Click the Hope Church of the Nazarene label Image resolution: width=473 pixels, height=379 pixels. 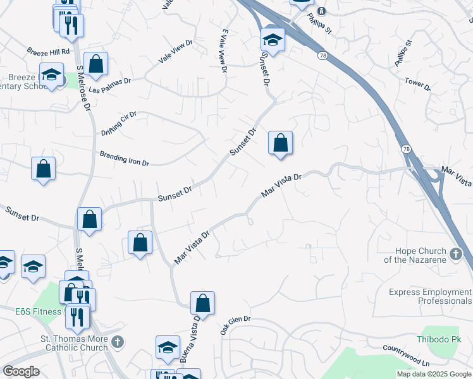coord(414,255)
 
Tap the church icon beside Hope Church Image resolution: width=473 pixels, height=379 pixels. coord(457,255)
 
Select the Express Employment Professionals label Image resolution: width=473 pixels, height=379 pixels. coord(430,296)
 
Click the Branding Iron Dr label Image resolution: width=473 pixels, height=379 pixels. coord(125,159)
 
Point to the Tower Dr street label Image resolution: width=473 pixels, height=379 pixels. coord(417,84)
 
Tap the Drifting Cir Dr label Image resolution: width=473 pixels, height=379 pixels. coord(120,120)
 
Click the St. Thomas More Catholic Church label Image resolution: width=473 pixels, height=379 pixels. coord(74,343)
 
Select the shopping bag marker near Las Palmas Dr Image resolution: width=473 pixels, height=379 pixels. coord(95,64)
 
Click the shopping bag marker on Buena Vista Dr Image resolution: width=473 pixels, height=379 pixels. coord(202,303)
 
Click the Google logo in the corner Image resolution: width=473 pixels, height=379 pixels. coord(21,371)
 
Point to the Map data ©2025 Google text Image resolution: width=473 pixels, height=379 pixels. coord(434,374)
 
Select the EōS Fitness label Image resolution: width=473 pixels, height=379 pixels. coord(31,311)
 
